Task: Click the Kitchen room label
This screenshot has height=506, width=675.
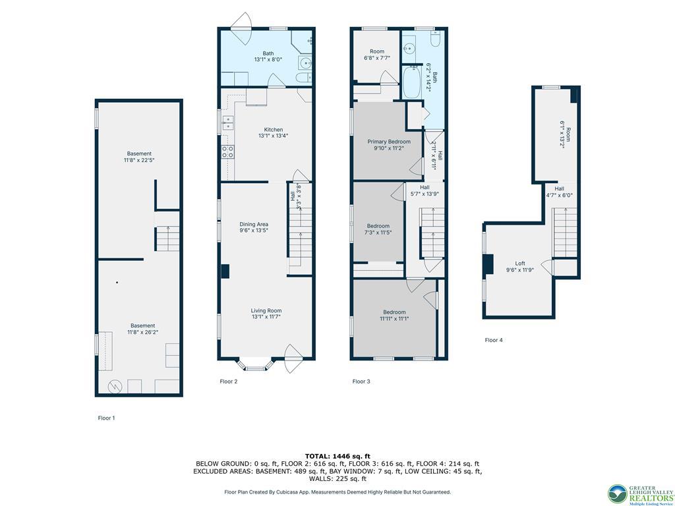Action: [x=274, y=130]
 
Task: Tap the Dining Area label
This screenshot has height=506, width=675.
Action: [x=254, y=224]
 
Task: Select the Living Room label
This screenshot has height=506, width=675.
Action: [x=266, y=311]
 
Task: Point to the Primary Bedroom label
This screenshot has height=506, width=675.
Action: [x=389, y=142]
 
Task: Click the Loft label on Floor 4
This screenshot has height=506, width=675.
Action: [x=520, y=264]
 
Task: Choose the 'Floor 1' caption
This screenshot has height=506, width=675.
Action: [x=107, y=418]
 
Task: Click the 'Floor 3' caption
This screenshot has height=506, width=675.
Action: [x=361, y=381]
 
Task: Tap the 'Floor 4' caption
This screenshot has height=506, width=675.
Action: [x=494, y=340]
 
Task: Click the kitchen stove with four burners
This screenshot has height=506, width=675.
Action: [x=227, y=152]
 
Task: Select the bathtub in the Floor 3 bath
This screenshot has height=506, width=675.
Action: [x=412, y=82]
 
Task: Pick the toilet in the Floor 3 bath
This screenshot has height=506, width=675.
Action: [x=435, y=39]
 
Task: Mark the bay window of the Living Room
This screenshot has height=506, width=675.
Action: [x=255, y=364]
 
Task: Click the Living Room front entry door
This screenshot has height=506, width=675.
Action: [x=293, y=358]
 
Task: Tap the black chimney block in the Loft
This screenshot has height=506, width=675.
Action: [x=488, y=264]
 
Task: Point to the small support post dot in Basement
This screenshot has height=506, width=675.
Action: [x=117, y=283]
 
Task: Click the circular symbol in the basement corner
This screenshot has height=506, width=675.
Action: [x=115, y=387]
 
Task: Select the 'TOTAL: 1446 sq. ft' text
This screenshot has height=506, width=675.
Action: [x=337, y=456]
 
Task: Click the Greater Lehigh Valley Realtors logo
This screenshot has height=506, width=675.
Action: [x=640, y=494]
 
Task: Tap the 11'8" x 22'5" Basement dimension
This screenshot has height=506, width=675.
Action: [x=139, y=160]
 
